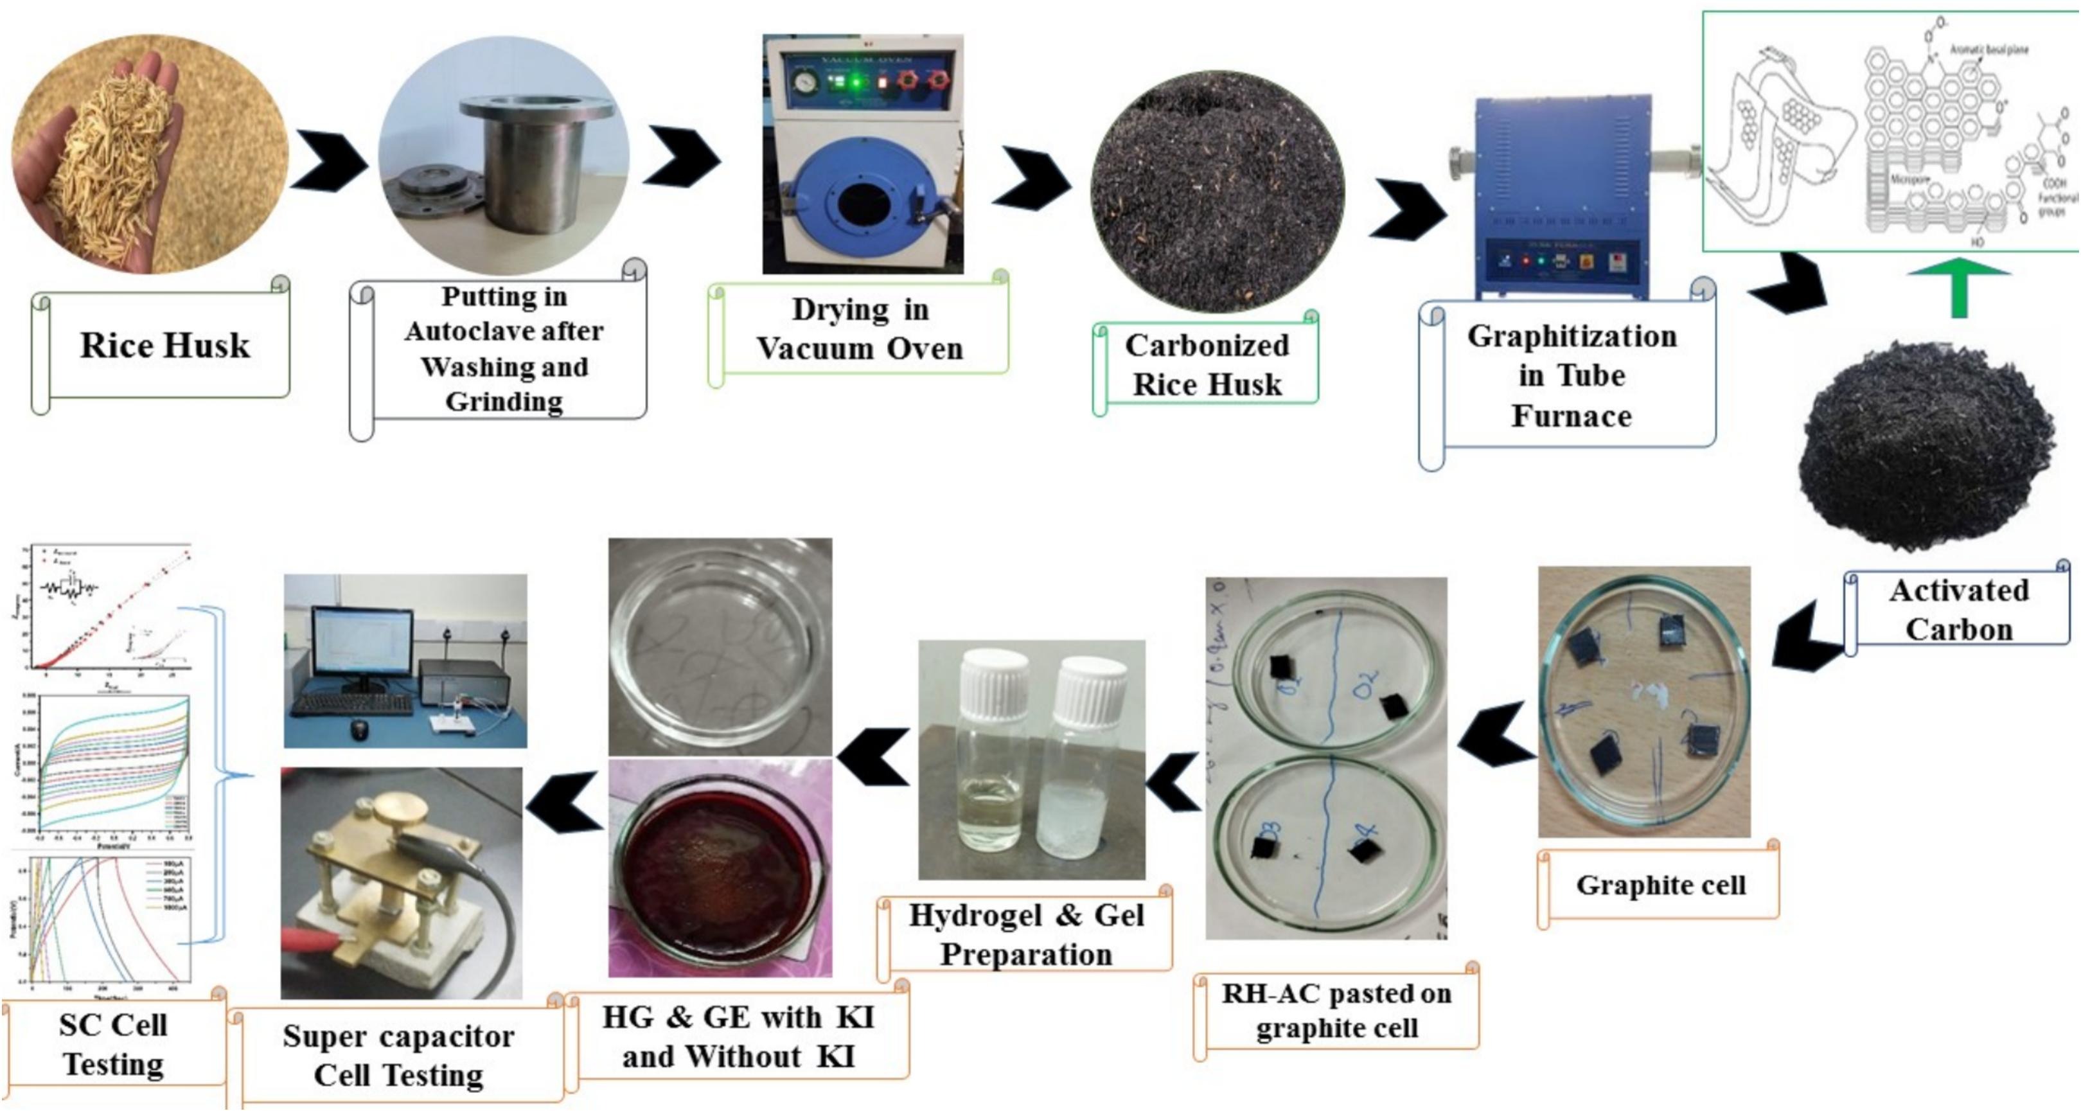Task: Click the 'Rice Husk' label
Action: [165, 346]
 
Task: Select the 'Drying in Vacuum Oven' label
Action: [860, 330]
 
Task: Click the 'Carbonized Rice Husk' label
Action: [1207, 364]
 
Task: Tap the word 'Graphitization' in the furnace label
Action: [1572, 336]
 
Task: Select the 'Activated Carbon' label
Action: [1959, 609]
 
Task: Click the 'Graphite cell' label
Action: [1661, 885]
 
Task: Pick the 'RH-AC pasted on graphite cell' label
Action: [1336, 1010]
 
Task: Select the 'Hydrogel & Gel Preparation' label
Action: [1026, 935]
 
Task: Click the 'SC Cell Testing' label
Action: [113, 1044]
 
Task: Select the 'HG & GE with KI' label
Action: [738, 1036]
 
